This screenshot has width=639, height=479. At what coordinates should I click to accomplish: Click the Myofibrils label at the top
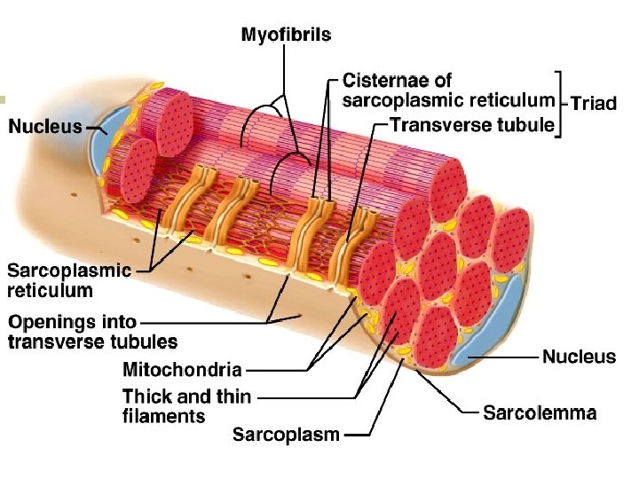tap(286, 35)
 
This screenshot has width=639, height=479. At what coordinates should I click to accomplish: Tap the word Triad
tap(593, 104)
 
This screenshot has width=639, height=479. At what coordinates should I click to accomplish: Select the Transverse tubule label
tap(471, 125)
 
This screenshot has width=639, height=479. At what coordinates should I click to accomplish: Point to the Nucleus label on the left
tap(44, 127)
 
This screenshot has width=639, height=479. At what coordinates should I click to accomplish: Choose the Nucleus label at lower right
tap(579, 357)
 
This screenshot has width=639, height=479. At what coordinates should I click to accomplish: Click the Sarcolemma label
tap(540, 412)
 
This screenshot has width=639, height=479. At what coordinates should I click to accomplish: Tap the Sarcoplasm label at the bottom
tap(286, 434)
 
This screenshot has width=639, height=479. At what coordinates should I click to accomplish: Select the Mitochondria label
tap(181, 368)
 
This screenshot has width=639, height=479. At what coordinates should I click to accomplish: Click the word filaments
tap(163, 415)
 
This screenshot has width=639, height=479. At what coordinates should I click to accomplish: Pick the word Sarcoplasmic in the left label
tap(69, 271)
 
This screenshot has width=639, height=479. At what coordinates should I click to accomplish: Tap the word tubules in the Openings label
tap(146, 342)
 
